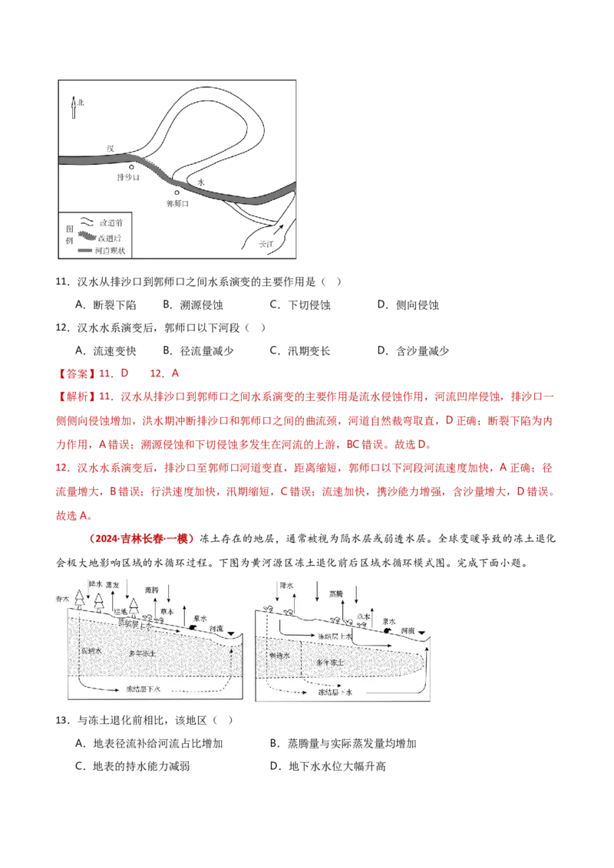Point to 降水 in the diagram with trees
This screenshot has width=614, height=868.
[95, 584]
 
